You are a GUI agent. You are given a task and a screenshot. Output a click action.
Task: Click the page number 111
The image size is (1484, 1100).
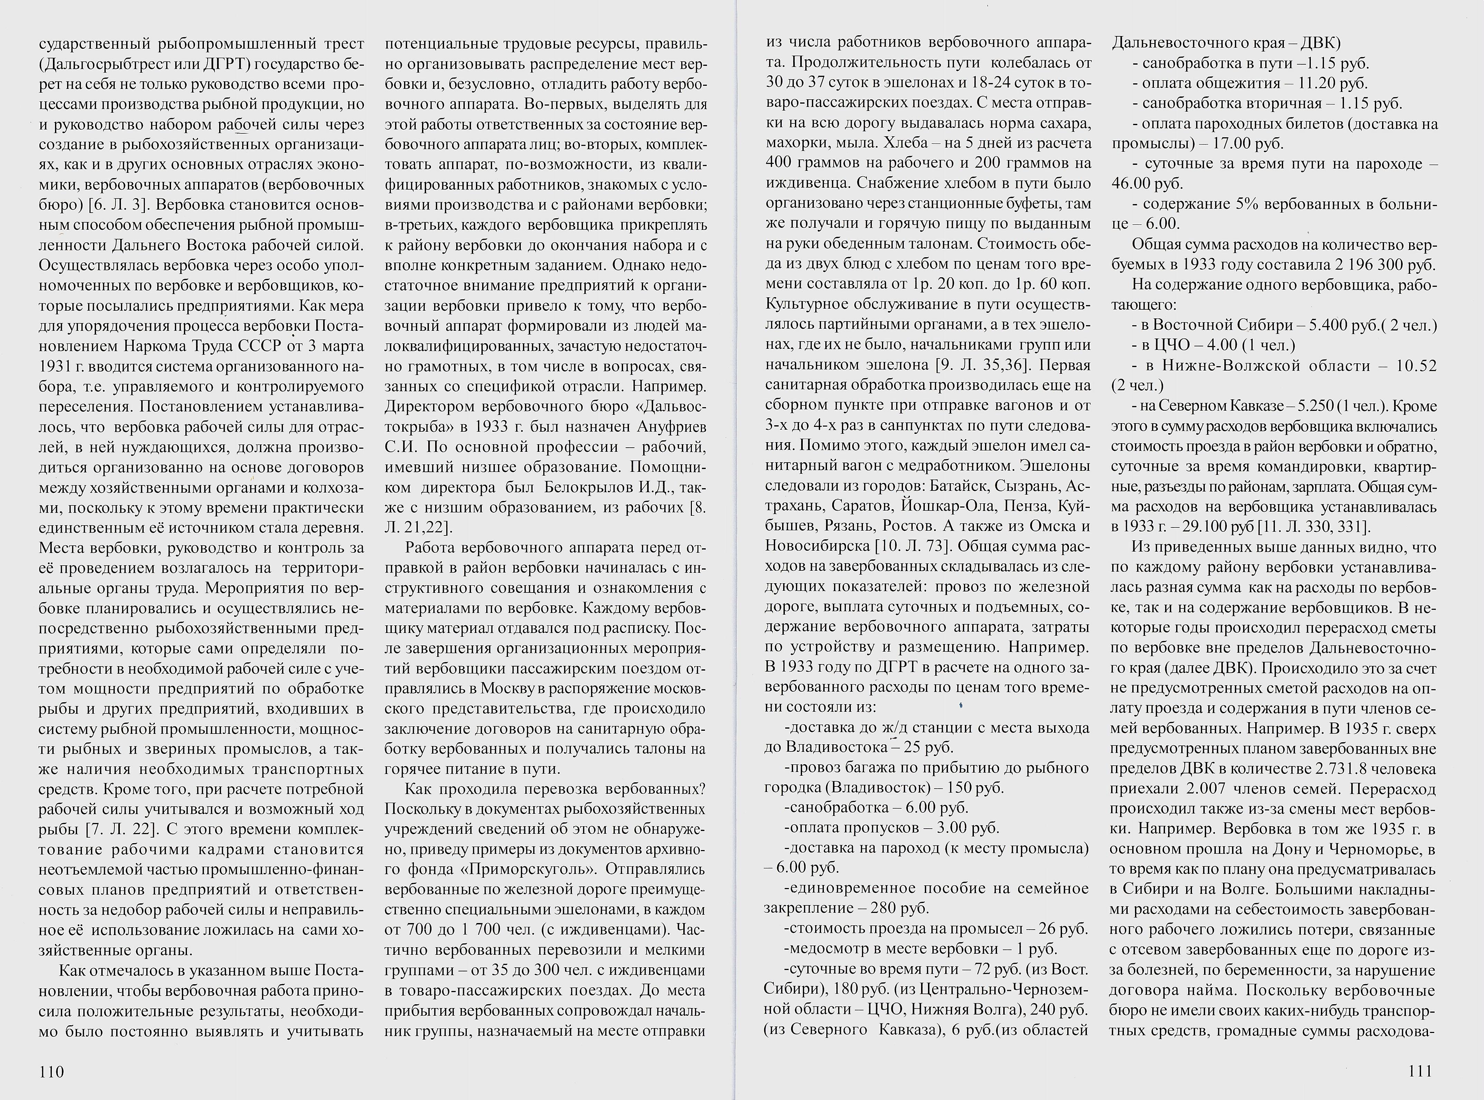pos(1420,1071)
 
